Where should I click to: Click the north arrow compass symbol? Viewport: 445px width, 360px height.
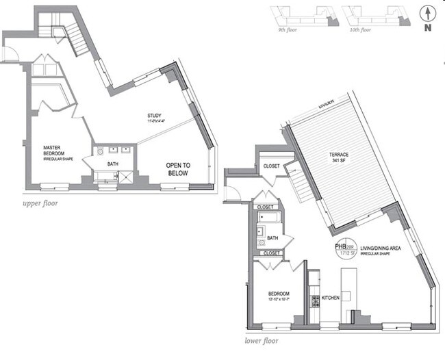427,16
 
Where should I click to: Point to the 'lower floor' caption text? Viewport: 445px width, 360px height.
262,339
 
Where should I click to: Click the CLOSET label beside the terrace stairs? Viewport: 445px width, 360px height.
270,166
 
